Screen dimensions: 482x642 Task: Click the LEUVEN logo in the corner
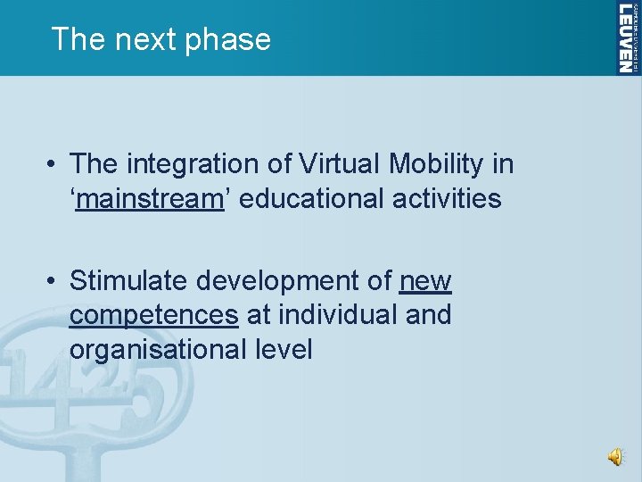click(628, 37)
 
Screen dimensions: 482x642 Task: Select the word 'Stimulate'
click(129, 281)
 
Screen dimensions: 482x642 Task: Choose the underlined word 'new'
click(426, 281)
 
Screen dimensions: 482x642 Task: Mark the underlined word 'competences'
click(154, 315)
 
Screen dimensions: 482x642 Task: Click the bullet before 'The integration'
click(54, 165)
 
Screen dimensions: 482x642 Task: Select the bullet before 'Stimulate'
click(54, 282)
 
